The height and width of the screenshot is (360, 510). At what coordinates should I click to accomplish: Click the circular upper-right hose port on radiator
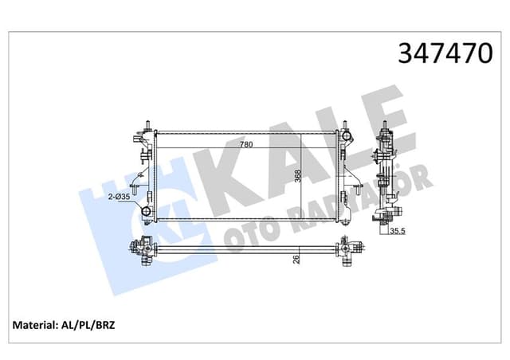point(347,137)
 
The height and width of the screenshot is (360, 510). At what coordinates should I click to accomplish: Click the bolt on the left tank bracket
point(136,190)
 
